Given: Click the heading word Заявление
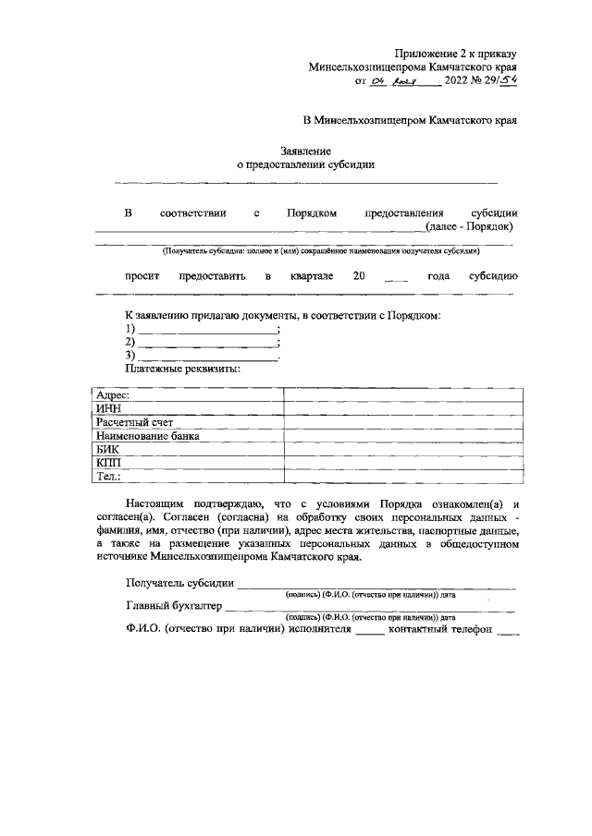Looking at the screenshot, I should click(x=306, y=150).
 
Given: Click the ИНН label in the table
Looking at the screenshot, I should click(x=107, y=408).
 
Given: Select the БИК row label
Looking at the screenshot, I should click(x=107, y=449).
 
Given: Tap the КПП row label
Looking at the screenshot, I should click(x=108, y=463).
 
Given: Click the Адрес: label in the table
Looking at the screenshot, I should click(x=113, y=394).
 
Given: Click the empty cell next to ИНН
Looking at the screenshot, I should click(x=405, y=408).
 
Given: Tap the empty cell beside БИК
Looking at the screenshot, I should click(x=405, y=449).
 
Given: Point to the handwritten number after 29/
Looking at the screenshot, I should click(x=507, y=80).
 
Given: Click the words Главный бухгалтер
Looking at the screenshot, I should click(x=173, y=607).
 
